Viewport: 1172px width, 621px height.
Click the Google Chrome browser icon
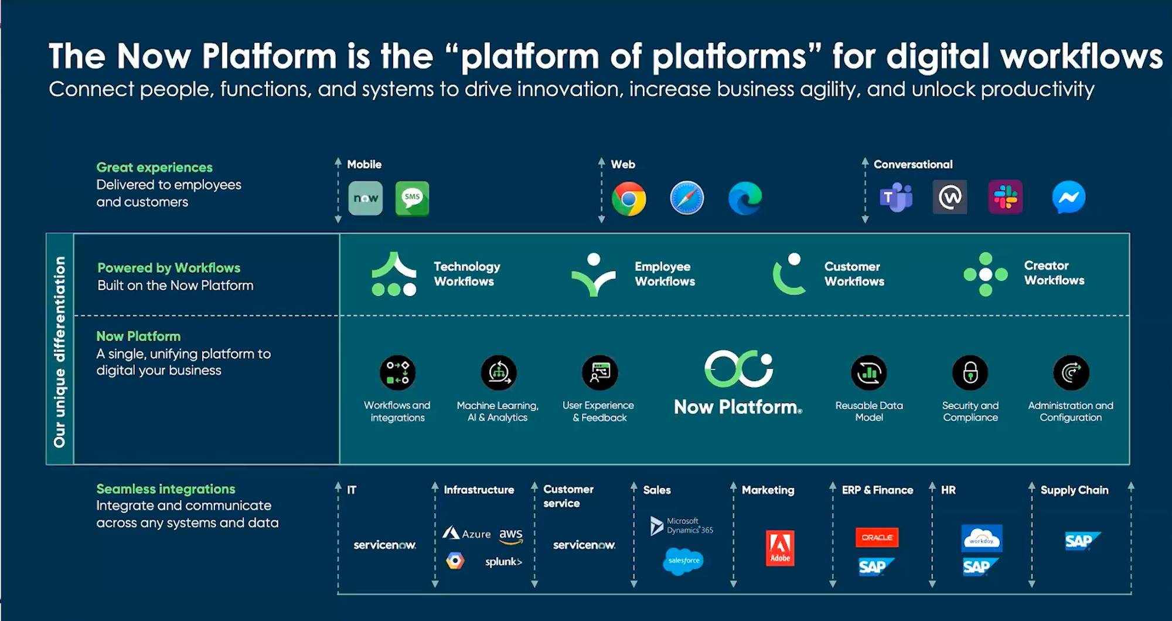[629, 199]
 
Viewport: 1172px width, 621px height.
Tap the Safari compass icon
[687, 198]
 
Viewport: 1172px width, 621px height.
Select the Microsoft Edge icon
[745, 198]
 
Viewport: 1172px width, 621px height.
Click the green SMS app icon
[412, 198]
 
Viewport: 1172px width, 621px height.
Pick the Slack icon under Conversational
[1006, 197]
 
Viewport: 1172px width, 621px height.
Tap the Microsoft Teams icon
[896, 198]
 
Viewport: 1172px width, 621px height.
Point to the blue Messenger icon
[1068, 197]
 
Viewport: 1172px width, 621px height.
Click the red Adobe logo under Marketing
[780, 548]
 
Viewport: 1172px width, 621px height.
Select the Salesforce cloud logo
[683, 561]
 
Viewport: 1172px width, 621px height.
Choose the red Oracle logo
[877, 537]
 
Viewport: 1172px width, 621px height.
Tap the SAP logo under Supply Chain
[1082, 541]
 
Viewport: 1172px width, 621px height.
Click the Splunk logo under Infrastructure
[503, 562]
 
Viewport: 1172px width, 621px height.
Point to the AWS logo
[510, 535]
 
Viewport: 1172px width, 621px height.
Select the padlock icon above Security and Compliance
[970, 372]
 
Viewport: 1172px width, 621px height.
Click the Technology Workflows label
[466, 274]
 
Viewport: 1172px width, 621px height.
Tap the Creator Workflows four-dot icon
[986, 274]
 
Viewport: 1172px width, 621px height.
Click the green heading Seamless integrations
[166, 489]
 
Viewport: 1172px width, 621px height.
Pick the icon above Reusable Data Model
[869, 372]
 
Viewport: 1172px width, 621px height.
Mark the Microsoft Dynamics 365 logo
[682, 525]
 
